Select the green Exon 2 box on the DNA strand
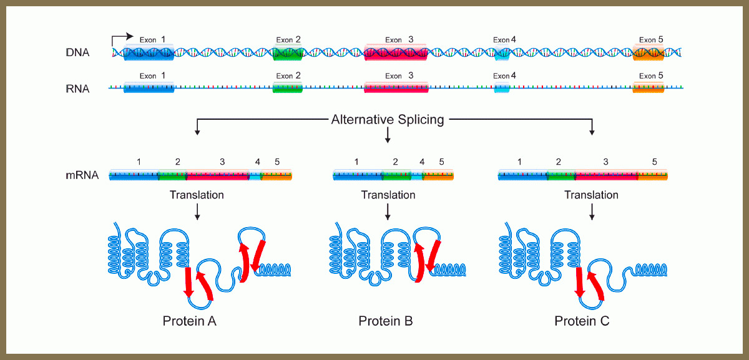(288, 53)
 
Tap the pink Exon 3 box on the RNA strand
(396, 88)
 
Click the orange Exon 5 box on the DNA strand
(649, 53)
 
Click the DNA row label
(78, 53)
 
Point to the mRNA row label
(82, 175)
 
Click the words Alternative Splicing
(388, 119)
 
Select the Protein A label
(190, 321)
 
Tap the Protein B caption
(386, 321)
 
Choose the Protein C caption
(582, 321)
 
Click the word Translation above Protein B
(388, 195)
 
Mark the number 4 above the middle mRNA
(422, 162)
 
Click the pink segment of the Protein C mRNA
(605, 175)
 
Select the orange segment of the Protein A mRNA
(277, 175)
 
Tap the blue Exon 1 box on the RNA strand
(149, 88)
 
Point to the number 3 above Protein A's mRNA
(222, 162)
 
